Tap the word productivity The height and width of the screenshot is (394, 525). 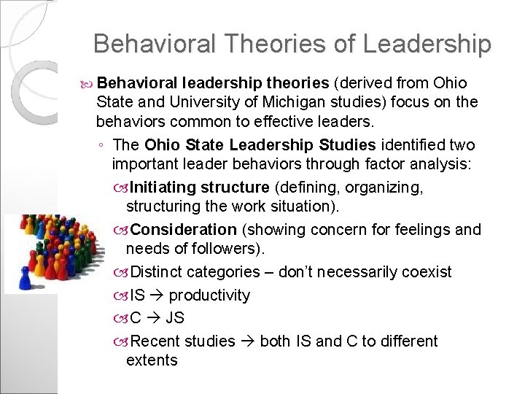point(210,295)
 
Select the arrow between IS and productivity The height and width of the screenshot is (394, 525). point(157,295)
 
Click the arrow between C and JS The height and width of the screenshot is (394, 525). point(153,318)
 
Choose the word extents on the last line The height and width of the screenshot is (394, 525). point(152,360)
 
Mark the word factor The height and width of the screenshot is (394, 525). point(389,164)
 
